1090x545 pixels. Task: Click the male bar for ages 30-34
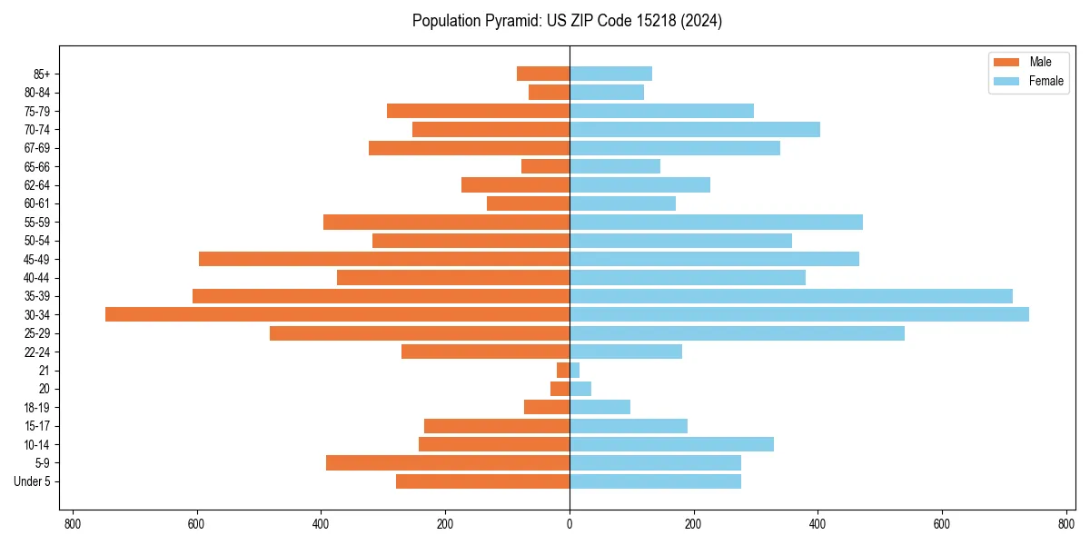[337, 314]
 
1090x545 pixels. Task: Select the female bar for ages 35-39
[790, 296]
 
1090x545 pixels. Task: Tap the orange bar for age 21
[563, 371]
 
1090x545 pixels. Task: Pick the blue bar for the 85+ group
[610, 74]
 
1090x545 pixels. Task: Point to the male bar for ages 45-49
[383, 259]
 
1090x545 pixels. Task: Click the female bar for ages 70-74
[694, 130]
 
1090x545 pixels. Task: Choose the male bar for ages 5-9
[447, 463]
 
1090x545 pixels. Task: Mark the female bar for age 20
[580, 389]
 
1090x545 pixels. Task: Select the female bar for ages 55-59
[716, 223]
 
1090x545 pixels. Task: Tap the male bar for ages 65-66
[545, 166]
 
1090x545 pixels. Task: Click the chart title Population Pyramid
[567, 21]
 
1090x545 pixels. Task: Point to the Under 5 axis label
[32, 481]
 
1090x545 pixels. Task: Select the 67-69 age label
[36, 148]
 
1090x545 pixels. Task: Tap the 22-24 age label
[36, 352]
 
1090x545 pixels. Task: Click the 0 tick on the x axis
[570, 524]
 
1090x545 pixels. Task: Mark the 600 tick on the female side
[941, 524]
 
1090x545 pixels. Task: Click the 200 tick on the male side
[445, 524]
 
